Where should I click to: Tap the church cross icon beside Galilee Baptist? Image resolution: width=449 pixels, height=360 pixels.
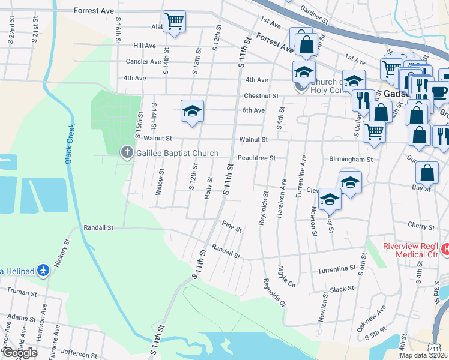pos(126,153)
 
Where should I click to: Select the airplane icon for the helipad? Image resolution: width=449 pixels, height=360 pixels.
pos(42,270)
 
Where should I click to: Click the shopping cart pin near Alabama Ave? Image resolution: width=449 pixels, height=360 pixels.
pos(174,22)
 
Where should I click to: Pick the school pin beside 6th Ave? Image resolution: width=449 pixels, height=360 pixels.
pos(192,111)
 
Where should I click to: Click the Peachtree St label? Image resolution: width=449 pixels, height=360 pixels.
pos(256,158)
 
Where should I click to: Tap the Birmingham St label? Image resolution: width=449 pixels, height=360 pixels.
pos(351,160)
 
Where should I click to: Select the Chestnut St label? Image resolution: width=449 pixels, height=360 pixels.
pos(261,96)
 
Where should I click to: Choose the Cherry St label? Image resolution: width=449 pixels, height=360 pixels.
pos(420,227)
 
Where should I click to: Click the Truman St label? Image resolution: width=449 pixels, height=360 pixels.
pos(22,290)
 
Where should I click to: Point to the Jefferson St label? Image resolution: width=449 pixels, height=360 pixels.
pos(79,355)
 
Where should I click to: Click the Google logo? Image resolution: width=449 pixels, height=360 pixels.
pos(20,353)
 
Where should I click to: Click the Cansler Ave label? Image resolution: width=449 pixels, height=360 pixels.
pos(143,62)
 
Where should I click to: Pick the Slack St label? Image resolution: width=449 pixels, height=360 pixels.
pos(342,289)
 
